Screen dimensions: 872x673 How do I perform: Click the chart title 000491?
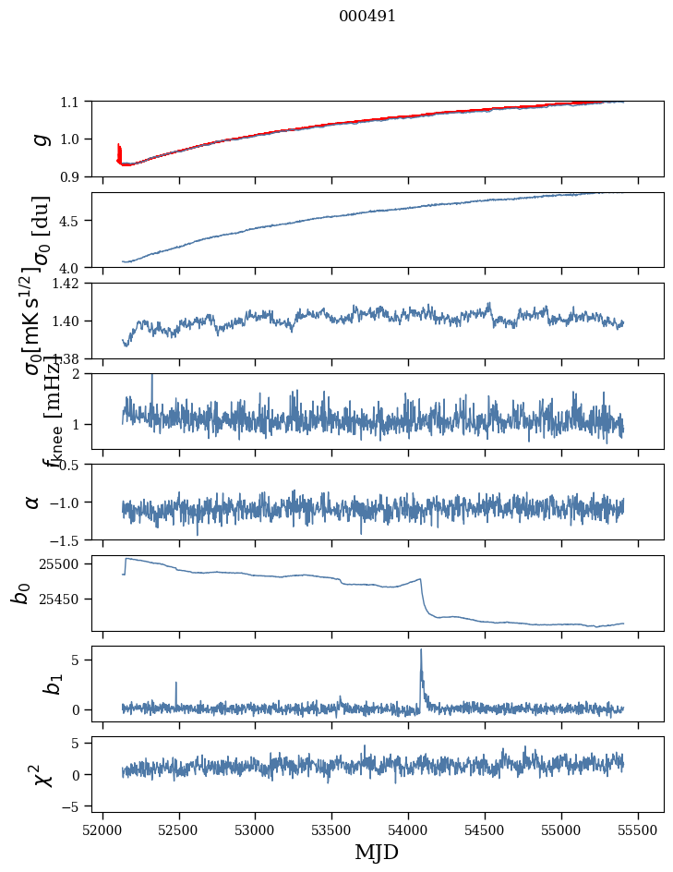tap(367, 16)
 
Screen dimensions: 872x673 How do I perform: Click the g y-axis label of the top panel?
tap(38, 139)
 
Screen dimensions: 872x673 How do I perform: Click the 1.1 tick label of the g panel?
tap(71, 102)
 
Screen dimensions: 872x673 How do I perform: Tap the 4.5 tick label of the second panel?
tap(71, 221)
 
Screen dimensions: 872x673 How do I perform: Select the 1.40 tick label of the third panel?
tap(67, 321)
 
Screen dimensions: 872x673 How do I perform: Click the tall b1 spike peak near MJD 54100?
tap(421, 649)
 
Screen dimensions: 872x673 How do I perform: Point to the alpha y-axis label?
tap(32, 502)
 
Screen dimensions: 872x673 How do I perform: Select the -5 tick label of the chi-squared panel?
tap(71, 805)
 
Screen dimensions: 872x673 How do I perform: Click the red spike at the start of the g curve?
tap(119, 150)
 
